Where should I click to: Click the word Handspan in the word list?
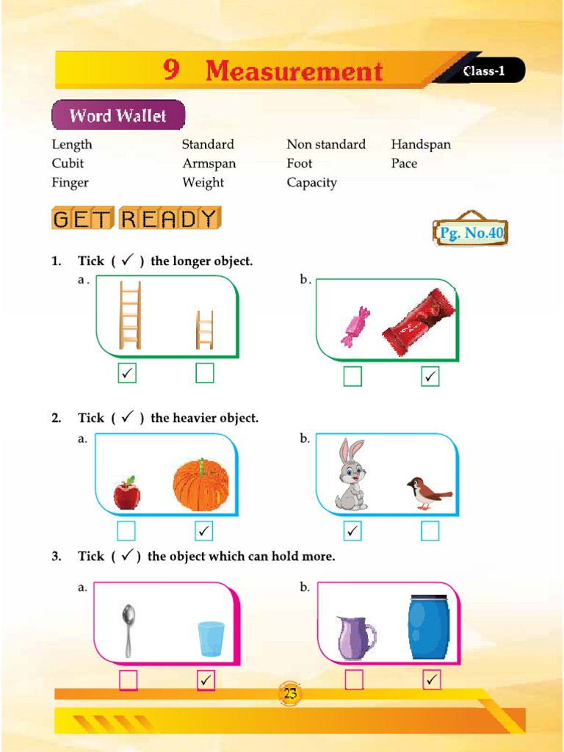(421, 145)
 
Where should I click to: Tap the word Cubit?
(68, 164)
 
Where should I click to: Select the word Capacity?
(311, 183)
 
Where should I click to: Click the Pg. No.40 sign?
(471, 234)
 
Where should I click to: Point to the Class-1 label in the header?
(484, 72)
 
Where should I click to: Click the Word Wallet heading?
(117, 116)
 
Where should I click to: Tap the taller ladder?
(130, 316)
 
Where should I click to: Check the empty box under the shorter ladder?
(205, 374)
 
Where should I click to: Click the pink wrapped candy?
(355, 326)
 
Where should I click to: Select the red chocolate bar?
(419, 322)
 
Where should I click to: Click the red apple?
(127, 493)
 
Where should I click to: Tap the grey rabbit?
(351, 474)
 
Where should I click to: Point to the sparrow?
(428, 493)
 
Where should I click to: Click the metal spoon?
(129, 629)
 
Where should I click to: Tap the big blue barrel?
(428, 629)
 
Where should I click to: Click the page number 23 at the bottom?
(290, 694)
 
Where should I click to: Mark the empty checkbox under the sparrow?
(430, 530)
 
